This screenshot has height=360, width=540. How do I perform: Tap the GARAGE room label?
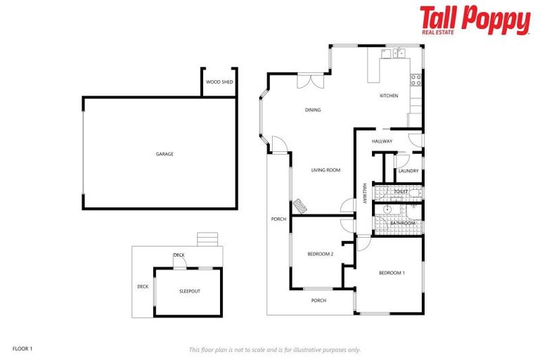[165, 154]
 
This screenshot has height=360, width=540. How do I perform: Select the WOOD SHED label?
[219, 82]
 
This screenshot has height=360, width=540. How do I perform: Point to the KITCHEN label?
[389, 96]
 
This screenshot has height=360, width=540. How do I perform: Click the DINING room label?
[313, 110]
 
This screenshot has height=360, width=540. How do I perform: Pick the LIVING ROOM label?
[326, 170]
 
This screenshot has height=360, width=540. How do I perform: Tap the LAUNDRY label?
[409, 171]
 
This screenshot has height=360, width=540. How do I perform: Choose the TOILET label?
[401, 191]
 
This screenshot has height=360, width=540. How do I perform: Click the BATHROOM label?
[404, 223]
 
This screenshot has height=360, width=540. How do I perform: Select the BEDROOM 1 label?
[392, 273]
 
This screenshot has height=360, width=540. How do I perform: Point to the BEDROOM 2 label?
[320, 254]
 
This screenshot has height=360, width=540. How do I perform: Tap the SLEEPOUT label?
[190, 290]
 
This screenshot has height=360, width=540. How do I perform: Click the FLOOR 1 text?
[22, 348]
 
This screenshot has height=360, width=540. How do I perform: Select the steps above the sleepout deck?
[207, 239]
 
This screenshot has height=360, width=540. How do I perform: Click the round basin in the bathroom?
[387, 210]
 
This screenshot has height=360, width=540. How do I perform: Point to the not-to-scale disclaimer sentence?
[274, 349]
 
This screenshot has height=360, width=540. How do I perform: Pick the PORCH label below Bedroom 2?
[319, 300]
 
